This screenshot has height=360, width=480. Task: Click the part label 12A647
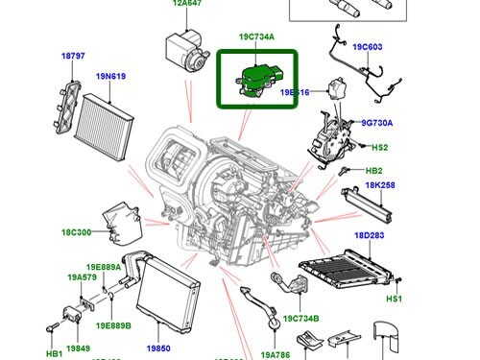pyautogui.click(x=188, y=4)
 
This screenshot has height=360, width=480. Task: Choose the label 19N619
pyautogui.click(x=111, y=77)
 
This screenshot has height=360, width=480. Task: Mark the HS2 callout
pyautogui.click(x=379, y=147)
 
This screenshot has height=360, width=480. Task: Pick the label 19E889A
pyautogui.click(x=104, y=269)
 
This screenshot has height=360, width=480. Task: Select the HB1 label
pyautogui.click(x=54, y=338)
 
